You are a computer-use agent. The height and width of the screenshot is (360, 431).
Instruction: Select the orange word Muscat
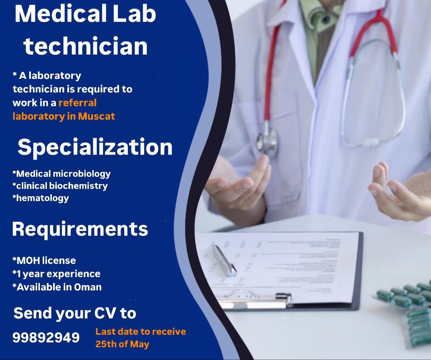[x=96, y=116]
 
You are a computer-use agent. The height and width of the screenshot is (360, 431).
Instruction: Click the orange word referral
[x=77, y=103]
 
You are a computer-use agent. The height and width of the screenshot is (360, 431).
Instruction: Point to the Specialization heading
[x=95, y=147]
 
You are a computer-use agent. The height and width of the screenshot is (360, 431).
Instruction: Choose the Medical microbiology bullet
[x=61, y=174]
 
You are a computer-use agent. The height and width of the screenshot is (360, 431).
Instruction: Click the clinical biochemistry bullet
[x=60, y=186]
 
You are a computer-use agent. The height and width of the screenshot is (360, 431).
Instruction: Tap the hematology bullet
[x=41, y=198]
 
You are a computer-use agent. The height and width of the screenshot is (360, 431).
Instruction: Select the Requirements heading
[x=80, y=229]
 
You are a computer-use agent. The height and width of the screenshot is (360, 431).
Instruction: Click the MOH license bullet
[x=44, y=260]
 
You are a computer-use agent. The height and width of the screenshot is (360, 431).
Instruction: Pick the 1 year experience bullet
[x=56, y=274]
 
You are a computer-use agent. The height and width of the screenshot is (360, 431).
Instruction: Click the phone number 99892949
[x=46, y=337]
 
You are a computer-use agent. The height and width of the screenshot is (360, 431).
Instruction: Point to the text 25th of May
[x=122, y=344]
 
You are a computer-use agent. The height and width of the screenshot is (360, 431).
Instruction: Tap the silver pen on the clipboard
[x=224, y=260]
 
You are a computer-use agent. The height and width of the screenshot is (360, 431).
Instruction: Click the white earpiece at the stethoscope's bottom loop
[x=371, y=142]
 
